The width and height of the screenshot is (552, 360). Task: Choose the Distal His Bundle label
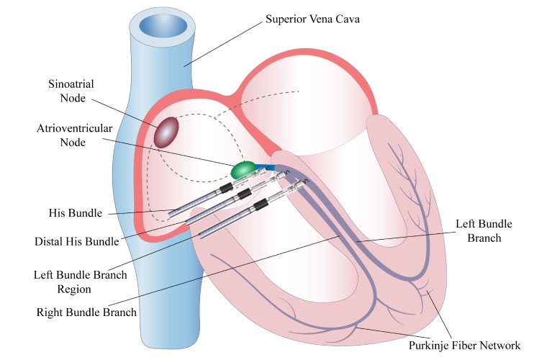tap(76, 241)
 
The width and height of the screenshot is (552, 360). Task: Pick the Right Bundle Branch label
tap(86, 313)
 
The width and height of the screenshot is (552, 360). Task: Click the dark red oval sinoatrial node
tap(168, 132)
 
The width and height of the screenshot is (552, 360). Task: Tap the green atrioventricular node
tap(243, 170)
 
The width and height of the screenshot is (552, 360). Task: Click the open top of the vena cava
tap(162, 27)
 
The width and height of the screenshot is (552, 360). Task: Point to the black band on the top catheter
tap(226, 188)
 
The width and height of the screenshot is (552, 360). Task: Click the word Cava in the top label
tap(345, 19)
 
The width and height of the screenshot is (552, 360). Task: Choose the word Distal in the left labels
tap(49, 241)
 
